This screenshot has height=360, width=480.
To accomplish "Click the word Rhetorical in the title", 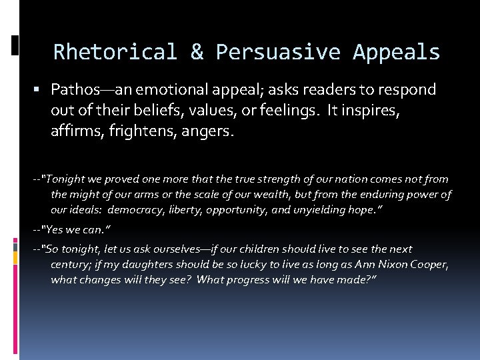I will [115, 52].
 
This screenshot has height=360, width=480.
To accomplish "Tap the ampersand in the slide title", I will [197, 52].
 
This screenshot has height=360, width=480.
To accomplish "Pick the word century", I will [72, 265].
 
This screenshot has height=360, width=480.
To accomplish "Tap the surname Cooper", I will [427, 265].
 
